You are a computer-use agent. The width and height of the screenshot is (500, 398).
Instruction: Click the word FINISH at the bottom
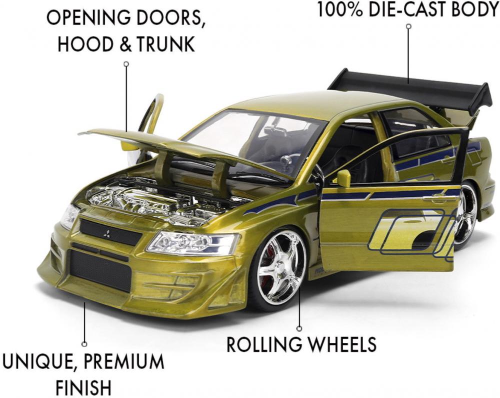(x=84, y=387)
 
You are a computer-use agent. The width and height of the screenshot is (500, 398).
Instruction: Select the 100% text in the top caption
(x=340, y=9)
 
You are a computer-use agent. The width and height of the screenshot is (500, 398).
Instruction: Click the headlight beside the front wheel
(x=193, y=243)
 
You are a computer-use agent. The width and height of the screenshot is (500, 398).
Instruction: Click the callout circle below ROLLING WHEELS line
(x=299, y=328)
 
